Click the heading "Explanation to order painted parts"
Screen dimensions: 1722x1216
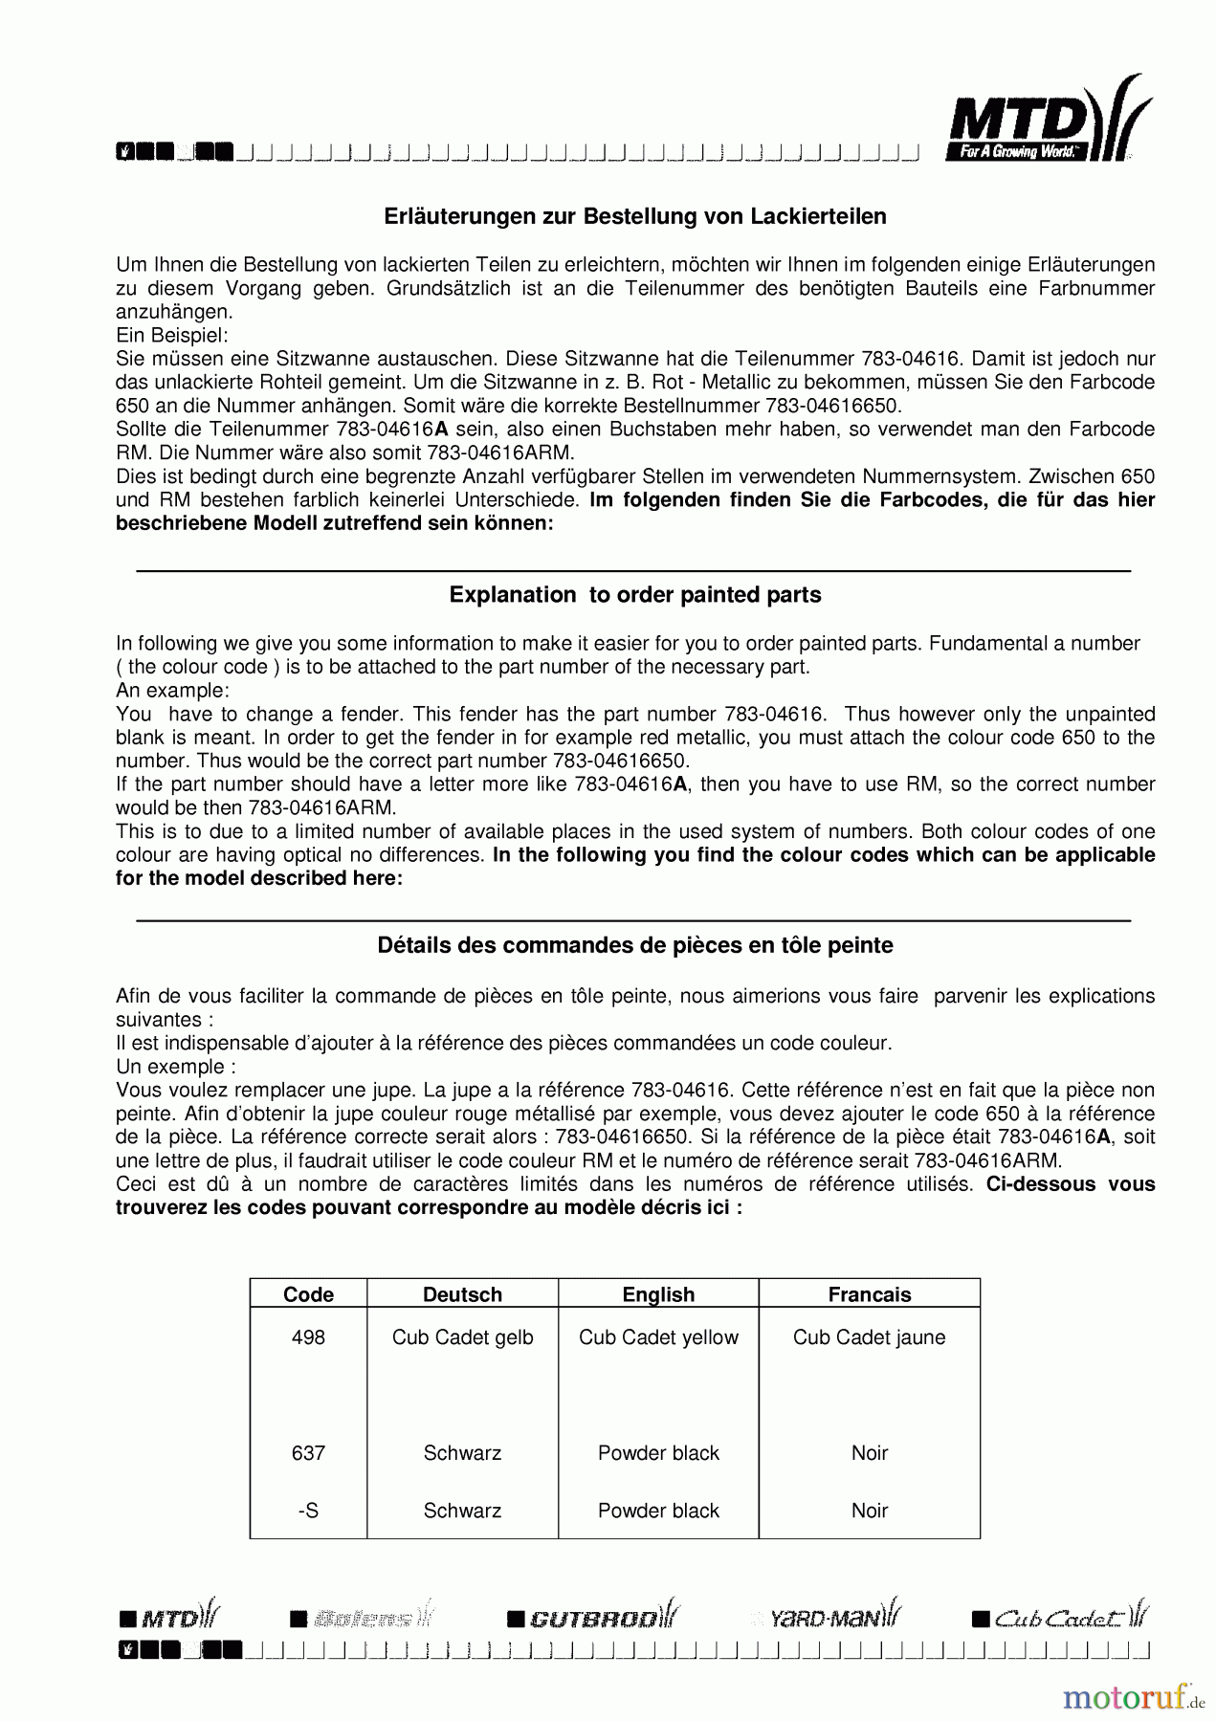tap(635, 595)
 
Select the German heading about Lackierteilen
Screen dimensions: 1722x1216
tap(635, 217)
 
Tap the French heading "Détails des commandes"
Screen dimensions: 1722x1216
tap(635, 945)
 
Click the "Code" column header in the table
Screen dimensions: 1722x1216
tap(308, 1294)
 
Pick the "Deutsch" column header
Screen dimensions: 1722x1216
tap(462, 1294)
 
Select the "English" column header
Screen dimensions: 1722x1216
tap(658, 1294)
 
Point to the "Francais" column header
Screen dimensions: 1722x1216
tap(869, 1294)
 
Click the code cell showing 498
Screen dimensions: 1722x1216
tap(308, 1337)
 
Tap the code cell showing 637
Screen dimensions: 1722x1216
tap(308, 1453)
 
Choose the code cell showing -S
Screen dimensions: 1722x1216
tap(308, 1511)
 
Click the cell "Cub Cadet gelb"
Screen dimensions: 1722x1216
tap(462, 1337)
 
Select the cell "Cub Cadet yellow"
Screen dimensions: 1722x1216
tap(658, 1337)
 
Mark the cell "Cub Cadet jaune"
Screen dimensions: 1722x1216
tap(869, 1337)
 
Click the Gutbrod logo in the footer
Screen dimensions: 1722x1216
tap(593, 1618)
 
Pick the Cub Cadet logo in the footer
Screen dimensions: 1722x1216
tap(1060, 1618)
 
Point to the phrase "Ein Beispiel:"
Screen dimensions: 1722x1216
tap(172, 335)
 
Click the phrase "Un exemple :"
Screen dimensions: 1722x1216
tap(176, 1067)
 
